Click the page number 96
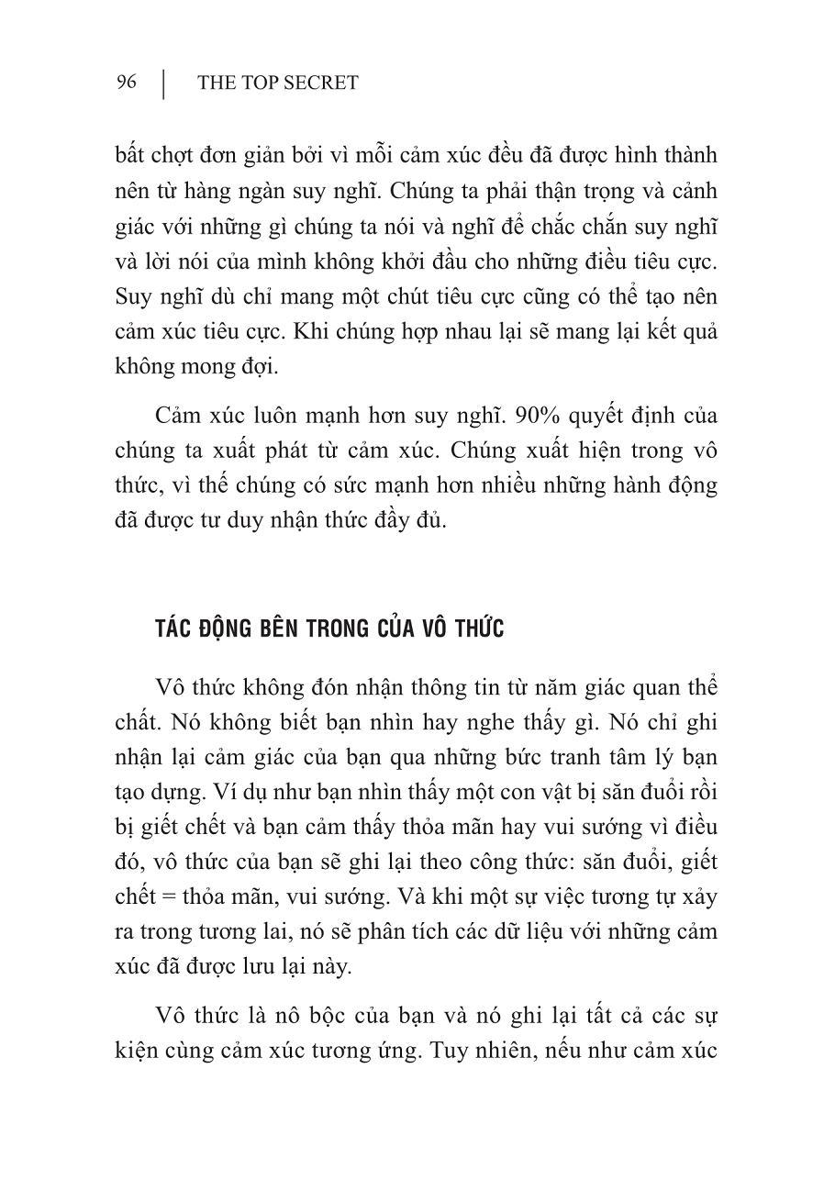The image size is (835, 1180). pos(127,83)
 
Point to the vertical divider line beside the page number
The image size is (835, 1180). pos(163,83)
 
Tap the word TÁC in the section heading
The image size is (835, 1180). pos(173,629)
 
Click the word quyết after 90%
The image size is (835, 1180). pos(606,415)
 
